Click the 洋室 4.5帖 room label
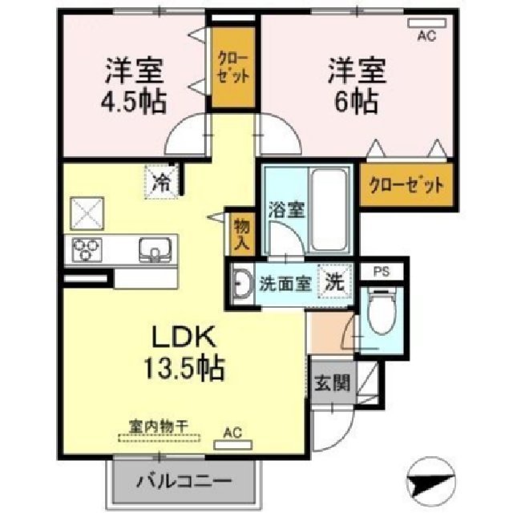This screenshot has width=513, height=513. (x=135, y=87)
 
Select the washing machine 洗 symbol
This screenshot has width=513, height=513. (x=333, y=281)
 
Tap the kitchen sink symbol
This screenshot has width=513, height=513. (x=153, y=249)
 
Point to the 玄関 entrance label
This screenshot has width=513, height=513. (x=331, y=383)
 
